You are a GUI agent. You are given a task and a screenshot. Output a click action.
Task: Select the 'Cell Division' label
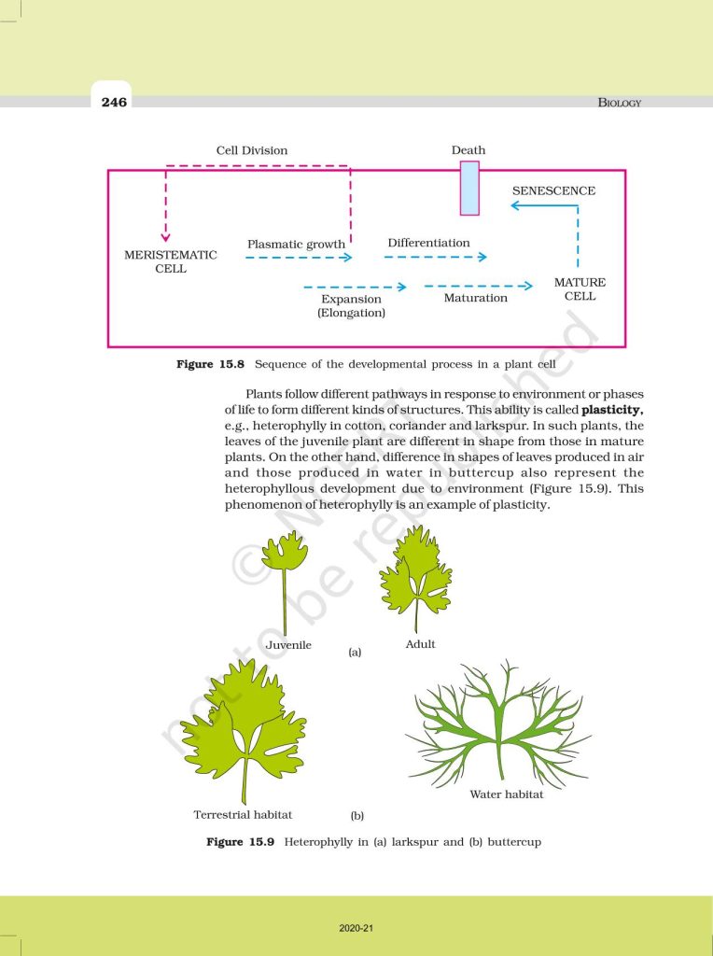pyautogui.click(x=252, y=150)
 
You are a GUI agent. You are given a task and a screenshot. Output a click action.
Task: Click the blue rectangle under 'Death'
pyautogui.click(x=469, y=188)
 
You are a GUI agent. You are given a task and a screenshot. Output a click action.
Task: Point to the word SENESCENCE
pyautogui.click(x=553, y=190)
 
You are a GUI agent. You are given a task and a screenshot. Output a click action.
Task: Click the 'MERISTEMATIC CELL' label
pyautogui.click(x=171, y=261)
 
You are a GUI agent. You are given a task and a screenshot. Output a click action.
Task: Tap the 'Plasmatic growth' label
pyautogui.click(x=296, y=245)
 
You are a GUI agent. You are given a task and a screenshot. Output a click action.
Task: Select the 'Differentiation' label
pyautogui.click(x=428, y=243)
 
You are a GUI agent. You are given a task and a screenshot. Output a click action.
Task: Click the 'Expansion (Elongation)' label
pyautogui.click(x=351, y=306)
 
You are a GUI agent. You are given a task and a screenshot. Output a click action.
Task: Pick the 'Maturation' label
pyautogui.click(x=475, y=298)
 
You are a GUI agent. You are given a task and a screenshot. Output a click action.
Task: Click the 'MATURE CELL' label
pyautogui.click(x=580, y=288)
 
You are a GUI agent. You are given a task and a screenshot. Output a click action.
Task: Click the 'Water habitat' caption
pyautogui.click(x=506, y=794)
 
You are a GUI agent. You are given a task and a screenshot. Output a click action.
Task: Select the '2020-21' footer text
pyautogui.click(x=356, y=928)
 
